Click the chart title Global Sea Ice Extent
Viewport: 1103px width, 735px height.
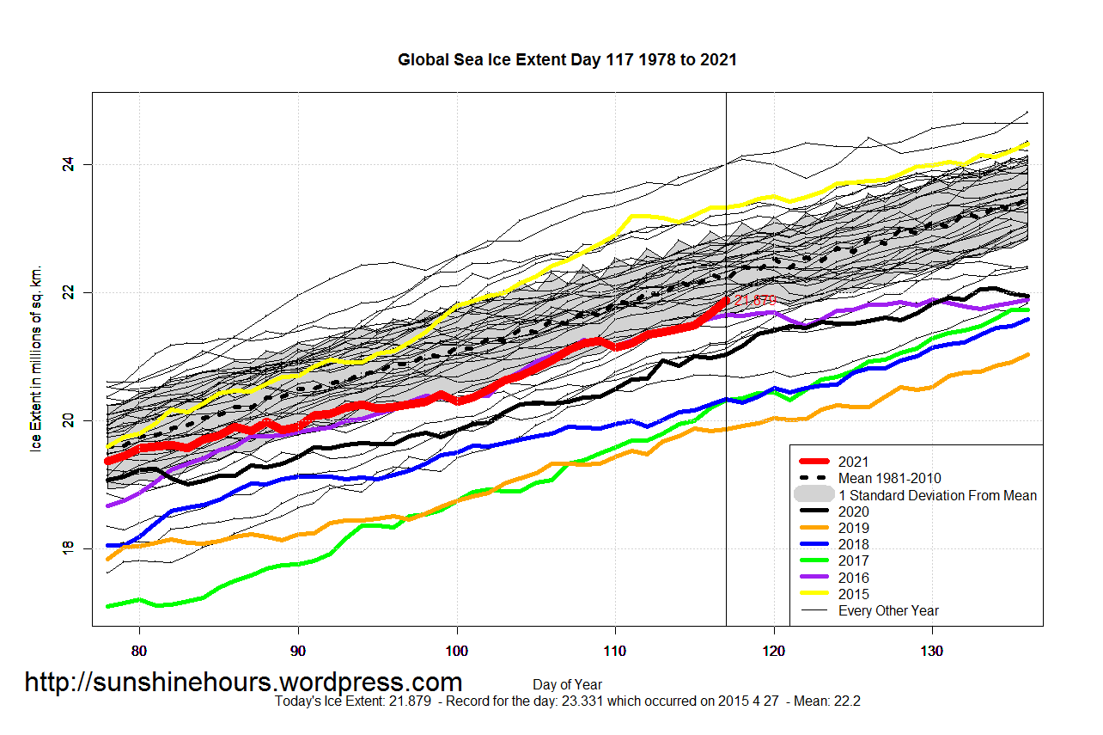coord(567,60)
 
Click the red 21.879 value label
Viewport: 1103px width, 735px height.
coord(755,301)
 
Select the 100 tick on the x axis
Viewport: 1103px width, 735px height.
coord(457,651)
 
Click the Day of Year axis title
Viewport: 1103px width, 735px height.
coord(567,685)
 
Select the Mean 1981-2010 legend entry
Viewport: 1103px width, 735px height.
coord(893,478)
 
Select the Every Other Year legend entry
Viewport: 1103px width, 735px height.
coord(887,610)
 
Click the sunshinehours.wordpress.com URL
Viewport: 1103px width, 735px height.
coord(243,683)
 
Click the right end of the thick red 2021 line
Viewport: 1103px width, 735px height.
coord(726,300)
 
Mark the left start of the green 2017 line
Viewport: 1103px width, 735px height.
coord(107,606)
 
